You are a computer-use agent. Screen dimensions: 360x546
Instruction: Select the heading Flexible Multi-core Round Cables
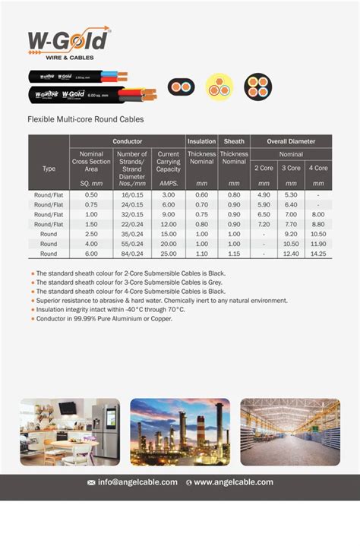85,119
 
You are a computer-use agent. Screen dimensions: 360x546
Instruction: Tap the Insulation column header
201,141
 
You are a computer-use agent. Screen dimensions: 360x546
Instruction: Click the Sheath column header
234,141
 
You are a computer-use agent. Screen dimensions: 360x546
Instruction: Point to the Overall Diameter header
291,141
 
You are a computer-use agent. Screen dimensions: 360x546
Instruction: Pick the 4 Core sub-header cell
318,168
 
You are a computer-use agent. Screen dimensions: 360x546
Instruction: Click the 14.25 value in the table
318,254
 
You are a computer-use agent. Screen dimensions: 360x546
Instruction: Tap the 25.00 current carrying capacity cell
168,254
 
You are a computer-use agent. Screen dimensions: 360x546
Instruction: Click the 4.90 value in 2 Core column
264,195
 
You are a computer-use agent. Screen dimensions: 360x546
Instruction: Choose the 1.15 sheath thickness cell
234,254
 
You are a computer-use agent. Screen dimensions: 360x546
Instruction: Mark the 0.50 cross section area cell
91,195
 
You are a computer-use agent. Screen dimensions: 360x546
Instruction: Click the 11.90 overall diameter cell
318,244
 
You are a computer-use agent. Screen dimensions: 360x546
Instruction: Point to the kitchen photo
70,431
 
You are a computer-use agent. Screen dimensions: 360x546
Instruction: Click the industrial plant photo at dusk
180,431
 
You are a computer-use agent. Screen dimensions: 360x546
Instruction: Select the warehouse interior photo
290,431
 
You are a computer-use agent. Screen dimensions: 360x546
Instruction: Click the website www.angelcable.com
233,482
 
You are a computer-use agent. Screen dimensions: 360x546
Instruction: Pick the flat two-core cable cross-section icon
182,86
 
